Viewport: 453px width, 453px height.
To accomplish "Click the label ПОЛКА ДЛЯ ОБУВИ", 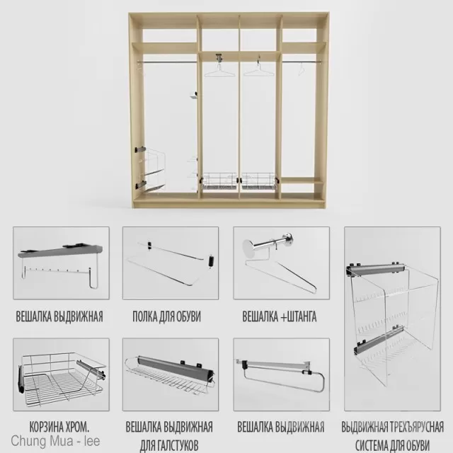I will [166, 316].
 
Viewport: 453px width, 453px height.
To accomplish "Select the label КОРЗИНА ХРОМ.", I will [59, 428].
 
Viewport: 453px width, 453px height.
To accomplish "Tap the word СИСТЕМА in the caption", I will [370, 445].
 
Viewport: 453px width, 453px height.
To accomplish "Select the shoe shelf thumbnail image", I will [171, 262].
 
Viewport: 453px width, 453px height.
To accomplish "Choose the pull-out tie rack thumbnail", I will [170, 375].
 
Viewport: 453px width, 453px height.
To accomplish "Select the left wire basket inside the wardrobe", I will [220, 181].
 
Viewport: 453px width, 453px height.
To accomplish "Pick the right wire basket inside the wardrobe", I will [260, 181].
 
